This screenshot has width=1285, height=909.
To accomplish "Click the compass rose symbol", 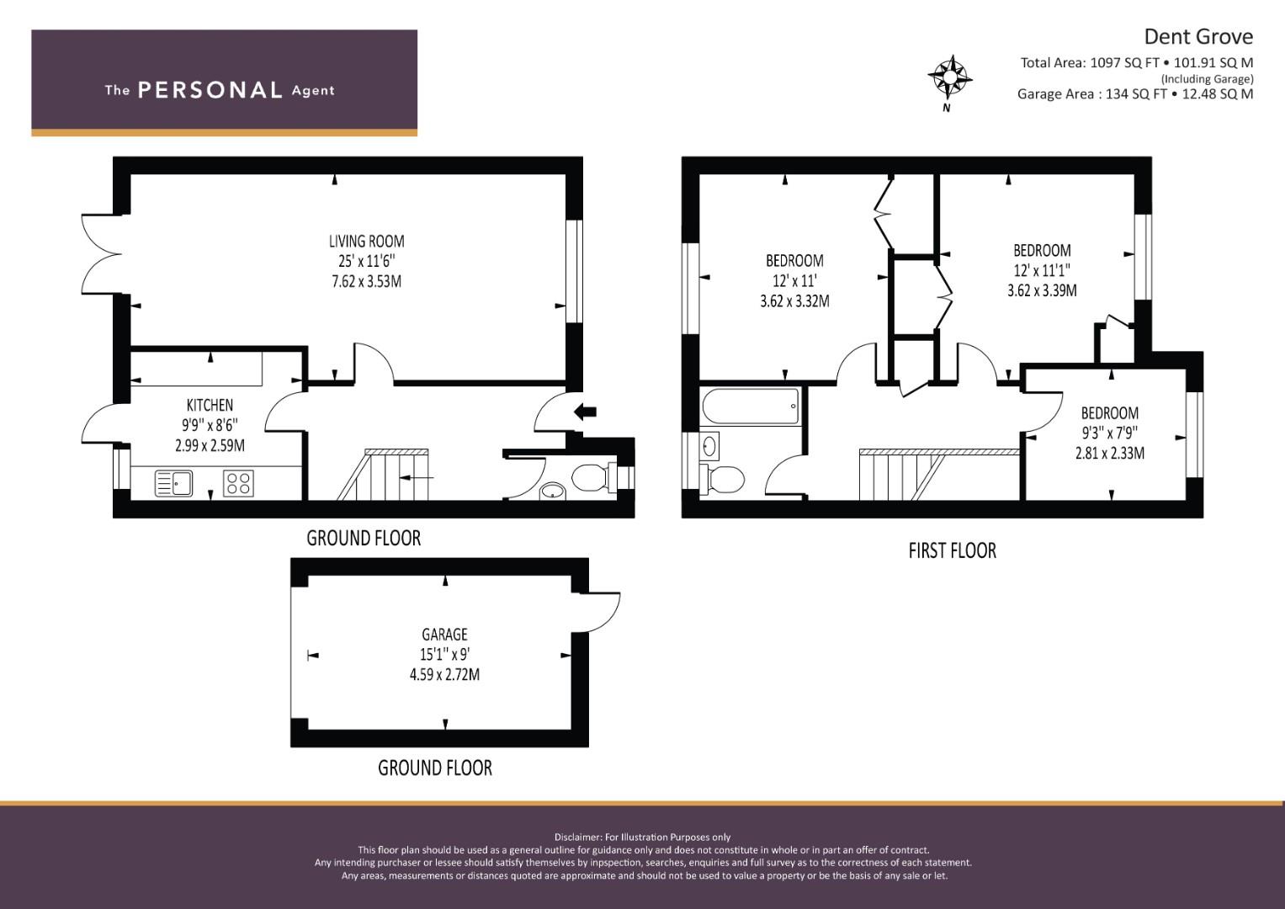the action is click(950, 77).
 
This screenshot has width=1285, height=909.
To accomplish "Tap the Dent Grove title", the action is click(1198, 37).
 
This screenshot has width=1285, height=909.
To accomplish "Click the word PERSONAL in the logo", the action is click(210, 90).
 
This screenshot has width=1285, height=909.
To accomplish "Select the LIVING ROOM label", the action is click(367, 241).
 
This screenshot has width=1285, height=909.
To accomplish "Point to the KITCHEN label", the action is click(210, 405).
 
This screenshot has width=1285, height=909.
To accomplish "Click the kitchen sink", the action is click(174, 482).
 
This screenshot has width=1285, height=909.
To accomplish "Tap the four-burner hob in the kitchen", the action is click(238, 482).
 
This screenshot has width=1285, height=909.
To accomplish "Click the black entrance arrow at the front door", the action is click(585, 412).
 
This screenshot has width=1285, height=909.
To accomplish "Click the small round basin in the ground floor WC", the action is click(552, 492).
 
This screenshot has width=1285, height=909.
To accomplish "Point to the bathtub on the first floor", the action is click(750, 407).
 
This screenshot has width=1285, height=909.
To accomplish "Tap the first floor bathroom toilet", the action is click(722, 479).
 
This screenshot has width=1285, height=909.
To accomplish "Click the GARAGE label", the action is click(444, 634).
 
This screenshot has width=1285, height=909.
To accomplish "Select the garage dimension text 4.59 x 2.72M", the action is click(444, 674).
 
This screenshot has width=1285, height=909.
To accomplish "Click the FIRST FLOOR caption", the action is click(953, 551).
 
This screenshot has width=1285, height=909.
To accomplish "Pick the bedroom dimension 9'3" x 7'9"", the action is click(1109, 433).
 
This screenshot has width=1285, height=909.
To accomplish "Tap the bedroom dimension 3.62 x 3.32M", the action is click(794, 301).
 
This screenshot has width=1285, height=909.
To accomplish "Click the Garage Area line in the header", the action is click(1135, 94).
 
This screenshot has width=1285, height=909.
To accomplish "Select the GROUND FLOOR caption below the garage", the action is click(435, 768).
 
